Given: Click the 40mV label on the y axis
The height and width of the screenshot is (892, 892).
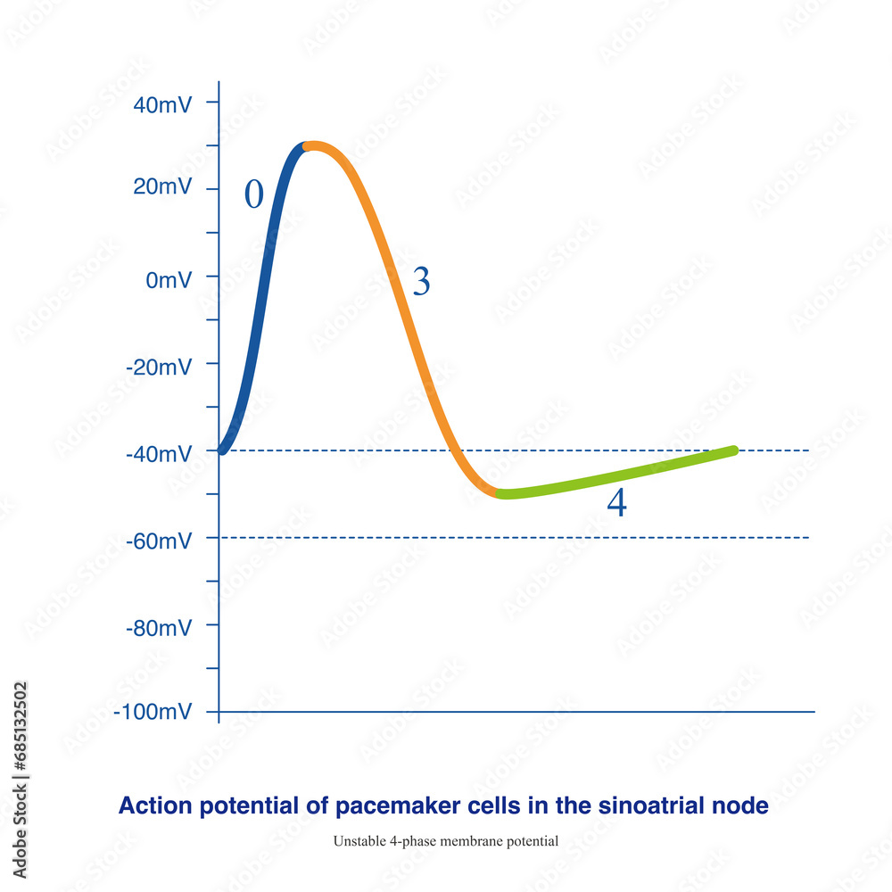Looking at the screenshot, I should tap(161, 104).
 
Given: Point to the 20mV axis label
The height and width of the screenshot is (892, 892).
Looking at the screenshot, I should tap(161, 187).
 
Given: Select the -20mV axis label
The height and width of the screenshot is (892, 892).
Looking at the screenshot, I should tap(159, 367).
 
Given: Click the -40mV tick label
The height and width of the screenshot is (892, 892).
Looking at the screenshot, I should tap(159, 454).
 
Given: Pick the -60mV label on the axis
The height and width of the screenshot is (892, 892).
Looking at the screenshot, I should tap(159, 541).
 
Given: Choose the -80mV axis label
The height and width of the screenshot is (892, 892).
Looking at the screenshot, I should tap(159, 627).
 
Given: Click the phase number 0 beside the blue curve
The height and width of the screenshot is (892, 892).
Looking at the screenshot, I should tap(254, 194).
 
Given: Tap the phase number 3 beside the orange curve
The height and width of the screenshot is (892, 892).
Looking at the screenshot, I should tap(421, 282).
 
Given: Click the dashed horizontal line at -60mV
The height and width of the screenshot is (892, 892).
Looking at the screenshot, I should tap(535, 538).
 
